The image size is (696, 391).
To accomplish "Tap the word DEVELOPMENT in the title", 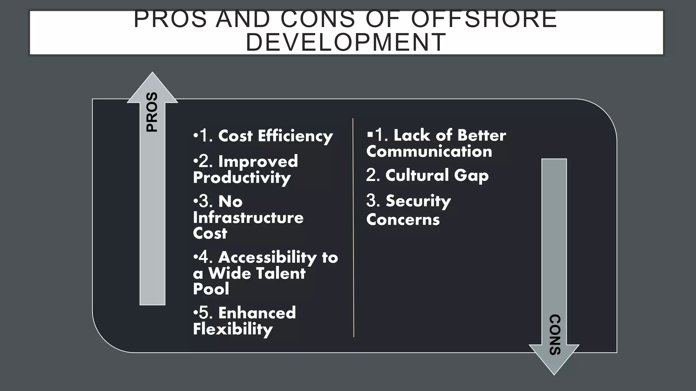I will tap(346, 42).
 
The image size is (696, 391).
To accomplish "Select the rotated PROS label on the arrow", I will tap(152, 112).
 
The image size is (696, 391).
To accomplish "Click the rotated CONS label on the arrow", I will tap(555, 335).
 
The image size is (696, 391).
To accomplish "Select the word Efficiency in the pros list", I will tap(295, 136).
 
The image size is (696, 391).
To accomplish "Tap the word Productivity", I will tap(242, 178).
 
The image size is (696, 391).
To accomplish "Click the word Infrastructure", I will tap(248, 218).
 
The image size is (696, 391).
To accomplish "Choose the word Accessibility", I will tap(267, 257).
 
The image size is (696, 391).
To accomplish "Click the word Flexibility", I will tap(233, 329).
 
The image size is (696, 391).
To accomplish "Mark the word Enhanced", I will tap(257, 313).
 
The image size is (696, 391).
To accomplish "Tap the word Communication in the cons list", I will tap(429, 151).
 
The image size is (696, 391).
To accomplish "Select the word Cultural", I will tap(417, 175).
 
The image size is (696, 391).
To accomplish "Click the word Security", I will tap(418, 201).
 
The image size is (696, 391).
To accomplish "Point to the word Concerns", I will tap(403, 220).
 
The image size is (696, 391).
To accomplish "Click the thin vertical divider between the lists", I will tap(353, 227).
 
